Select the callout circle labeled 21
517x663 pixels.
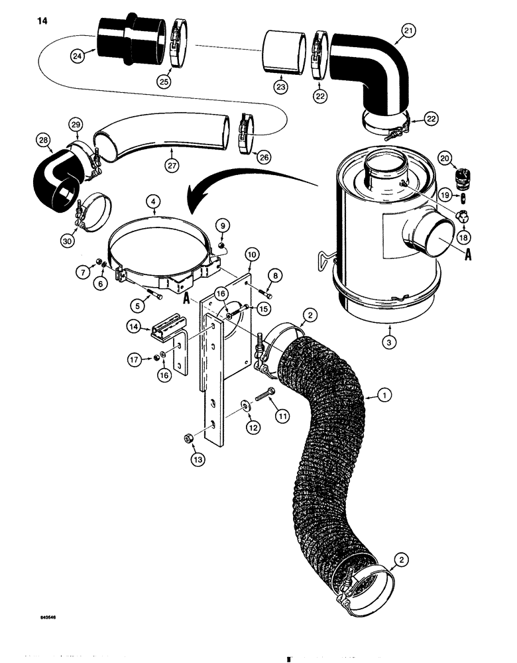(x=409, y=30)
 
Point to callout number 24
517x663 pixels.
(x=78, y=57)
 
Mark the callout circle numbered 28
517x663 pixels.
(x=45, y=140)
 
